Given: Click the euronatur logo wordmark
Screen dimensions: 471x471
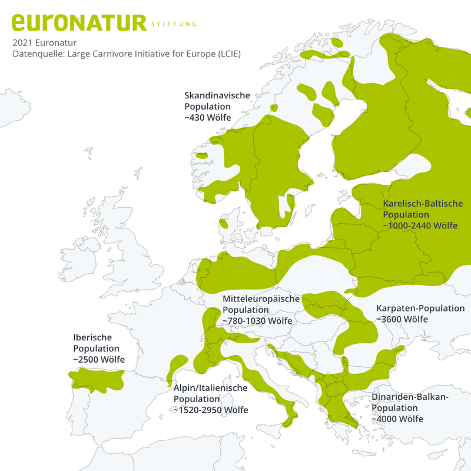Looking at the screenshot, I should pos(78,22).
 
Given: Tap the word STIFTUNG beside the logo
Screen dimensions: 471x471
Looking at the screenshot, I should pos(174,24).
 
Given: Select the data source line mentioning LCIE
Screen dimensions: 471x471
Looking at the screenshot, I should pos(127,54).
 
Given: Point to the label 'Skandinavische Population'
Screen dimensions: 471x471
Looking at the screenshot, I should pos(217,101).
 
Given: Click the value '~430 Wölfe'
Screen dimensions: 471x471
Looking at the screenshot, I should pos(207,118).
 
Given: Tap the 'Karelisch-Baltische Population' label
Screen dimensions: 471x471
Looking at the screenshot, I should pos(423,209).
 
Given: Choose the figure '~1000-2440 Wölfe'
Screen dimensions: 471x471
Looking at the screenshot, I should pos(420,226).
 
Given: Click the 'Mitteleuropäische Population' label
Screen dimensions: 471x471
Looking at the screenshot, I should pos(261,304).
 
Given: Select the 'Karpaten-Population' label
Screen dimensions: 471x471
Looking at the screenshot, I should pos(420,308).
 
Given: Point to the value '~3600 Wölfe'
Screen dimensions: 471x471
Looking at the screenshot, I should pos(402,319).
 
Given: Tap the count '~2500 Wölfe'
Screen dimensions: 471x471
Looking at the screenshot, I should pos(98,359).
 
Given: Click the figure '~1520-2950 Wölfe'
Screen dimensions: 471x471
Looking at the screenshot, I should pos(210,410).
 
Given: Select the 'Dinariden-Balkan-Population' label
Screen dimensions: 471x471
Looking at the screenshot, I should pos(410,403).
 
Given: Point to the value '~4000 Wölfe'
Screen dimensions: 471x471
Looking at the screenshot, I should pos(397,419).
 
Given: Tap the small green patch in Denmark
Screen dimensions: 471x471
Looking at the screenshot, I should pos(224,223).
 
